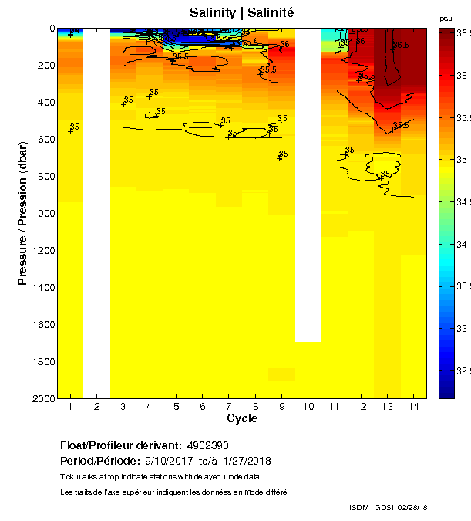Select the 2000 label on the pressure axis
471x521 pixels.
pos(42,398)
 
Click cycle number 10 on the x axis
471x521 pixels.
pos(308,407)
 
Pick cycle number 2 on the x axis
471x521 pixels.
pos(96,407)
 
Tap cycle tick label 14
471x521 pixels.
pos(414,407)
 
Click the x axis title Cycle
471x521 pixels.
pos(242,418)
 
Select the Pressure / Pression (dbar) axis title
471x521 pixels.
pos(22,214)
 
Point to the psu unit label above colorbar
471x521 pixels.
pos(446,18)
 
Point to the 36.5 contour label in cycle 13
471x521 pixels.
pos(399,46)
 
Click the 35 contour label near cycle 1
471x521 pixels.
pos(75,127)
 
